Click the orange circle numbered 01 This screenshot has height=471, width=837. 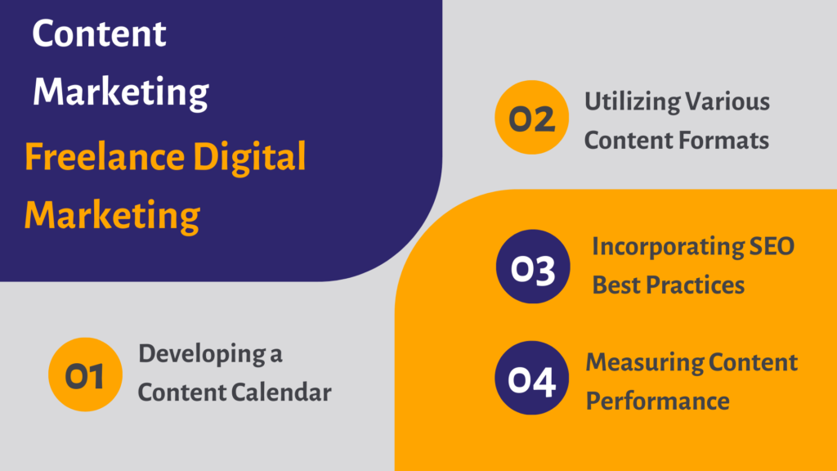[85, 375]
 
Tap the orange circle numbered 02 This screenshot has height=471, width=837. [531, 118]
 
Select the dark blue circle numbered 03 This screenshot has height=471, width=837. [533, 267]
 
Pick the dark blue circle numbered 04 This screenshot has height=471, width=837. [531, 378]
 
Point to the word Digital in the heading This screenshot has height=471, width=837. [249, 159]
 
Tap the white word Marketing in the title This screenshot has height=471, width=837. [121, 93]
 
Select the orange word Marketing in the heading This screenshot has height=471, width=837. [112, 216]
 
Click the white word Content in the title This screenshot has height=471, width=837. [99, 33]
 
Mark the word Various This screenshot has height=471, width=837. [727, 101]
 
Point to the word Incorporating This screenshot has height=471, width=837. [667, 248]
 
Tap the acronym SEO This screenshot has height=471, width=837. [772, 246]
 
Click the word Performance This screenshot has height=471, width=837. [658, 401]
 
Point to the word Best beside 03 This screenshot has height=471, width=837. [616, 285]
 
